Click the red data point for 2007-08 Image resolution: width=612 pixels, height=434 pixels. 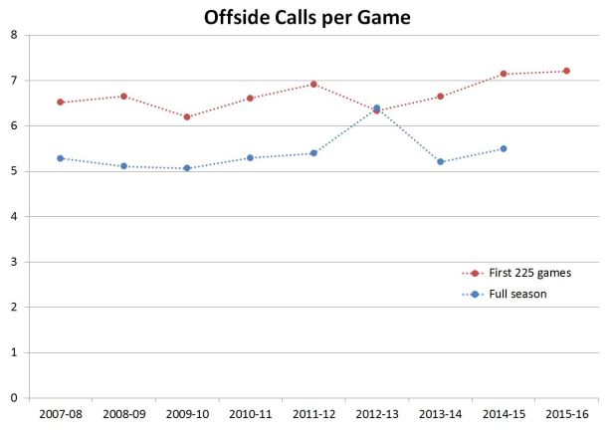click(61, 102)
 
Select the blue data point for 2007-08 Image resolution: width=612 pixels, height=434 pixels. click(61, 158)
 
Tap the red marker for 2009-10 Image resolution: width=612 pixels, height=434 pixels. click(187, 116)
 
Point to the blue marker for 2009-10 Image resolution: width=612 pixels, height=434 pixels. click(187, 168)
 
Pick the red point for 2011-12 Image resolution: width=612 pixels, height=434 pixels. click(313, 85)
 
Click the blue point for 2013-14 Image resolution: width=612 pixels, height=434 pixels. click(440, 161)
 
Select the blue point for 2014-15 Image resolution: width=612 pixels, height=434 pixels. click(504, 148)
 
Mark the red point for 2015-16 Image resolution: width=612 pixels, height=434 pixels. click(566, 71)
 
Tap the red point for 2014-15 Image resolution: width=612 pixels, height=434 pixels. click(504, 74)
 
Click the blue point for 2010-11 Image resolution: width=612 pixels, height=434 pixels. click(250, 157)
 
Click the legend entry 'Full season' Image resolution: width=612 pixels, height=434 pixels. click(507, 294)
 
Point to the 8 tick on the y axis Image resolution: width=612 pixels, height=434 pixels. click(13, 35)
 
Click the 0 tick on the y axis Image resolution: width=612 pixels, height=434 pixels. click(13, 398)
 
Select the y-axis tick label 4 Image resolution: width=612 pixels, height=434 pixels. click(13, 216)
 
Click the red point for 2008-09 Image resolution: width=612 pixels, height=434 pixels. click(123, 97)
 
